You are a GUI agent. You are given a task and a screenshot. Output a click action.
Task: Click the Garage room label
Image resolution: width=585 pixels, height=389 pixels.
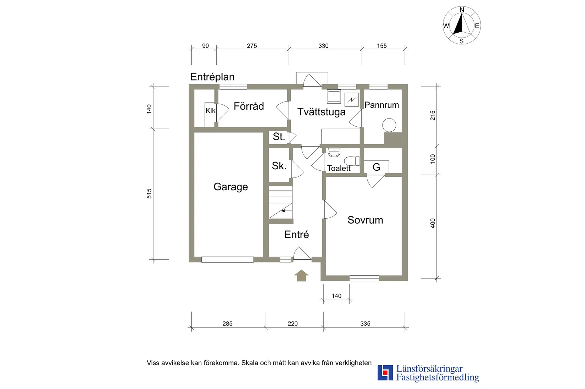tap(230, 187)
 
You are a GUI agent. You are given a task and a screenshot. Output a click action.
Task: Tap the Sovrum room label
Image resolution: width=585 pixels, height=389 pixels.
tap(365, 220)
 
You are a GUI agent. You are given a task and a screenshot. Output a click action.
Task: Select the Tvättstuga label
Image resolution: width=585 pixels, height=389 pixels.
tap(321, 112)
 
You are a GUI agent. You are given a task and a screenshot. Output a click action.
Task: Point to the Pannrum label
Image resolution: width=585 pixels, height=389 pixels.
tap(381, 105)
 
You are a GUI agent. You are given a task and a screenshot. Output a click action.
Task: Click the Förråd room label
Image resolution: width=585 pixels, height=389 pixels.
tap(249, 106)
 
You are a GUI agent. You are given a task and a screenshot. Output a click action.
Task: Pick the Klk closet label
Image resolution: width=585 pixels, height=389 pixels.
tap(210, 111)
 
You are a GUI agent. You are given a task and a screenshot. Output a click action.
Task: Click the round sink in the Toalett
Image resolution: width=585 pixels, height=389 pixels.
tap(334, 153)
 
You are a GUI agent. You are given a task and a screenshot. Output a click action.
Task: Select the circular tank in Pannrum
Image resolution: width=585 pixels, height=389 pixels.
tap(389, 125)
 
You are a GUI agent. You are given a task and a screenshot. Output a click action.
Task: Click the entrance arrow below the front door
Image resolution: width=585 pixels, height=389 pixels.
tap(301, 275)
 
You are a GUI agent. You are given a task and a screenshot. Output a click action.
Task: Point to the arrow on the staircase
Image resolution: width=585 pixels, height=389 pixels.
tap(284, 211)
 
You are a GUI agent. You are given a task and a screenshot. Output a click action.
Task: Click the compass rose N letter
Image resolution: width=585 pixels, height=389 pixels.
tap(462, 10)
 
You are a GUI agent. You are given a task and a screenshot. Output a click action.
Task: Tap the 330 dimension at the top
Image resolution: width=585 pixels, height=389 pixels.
tap(323, 46)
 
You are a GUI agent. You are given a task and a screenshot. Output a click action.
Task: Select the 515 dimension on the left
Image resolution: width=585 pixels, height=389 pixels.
tap(149, 193)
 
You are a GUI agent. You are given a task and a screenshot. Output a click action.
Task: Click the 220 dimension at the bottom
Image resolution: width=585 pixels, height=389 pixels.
tap(292, 324)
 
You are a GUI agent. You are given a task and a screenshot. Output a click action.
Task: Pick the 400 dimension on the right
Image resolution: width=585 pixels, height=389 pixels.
tap(433, 223)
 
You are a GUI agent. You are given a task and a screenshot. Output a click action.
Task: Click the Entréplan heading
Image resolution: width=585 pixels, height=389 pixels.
tap(212, 77)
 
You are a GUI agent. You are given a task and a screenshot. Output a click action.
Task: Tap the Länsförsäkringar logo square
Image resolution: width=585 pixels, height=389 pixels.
tap(385, 373)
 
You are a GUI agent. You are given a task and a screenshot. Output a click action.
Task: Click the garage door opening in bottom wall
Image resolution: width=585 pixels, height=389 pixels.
tap(227, 260)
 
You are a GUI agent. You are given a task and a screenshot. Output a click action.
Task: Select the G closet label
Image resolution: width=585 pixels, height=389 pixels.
tap(377, 167)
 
